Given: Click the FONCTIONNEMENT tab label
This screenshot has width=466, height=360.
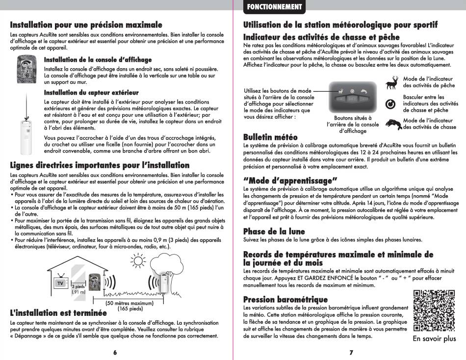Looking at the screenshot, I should [274, 7].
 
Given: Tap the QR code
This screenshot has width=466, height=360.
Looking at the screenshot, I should [435, 311].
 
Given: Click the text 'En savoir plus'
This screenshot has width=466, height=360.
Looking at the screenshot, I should [434, 339].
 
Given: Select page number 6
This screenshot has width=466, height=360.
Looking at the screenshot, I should [115, 353].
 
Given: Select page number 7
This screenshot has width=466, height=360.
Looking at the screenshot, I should [351, 353].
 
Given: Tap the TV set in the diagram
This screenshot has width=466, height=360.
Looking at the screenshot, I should [60, 283].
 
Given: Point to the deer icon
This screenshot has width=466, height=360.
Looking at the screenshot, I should [392, 83].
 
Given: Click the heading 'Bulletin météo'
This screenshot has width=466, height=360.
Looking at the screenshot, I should [270, 137].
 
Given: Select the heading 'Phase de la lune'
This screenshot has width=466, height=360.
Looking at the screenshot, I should [274, 231].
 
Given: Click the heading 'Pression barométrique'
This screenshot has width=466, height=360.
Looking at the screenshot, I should [285, 299].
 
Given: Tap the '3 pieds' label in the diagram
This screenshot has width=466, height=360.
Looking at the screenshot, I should [78, 286].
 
